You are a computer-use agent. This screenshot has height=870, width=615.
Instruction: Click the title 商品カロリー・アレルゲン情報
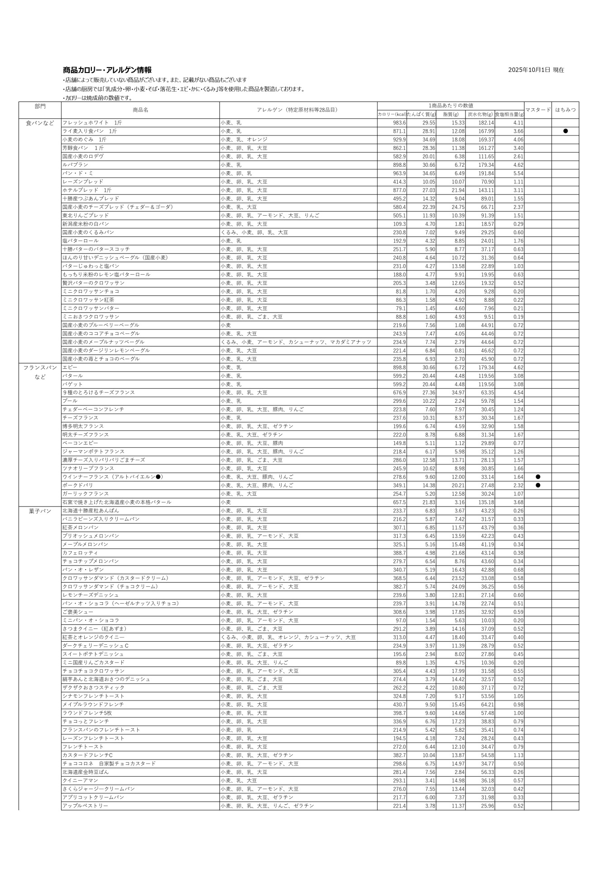pos(107,70)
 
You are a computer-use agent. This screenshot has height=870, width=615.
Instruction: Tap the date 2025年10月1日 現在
pos(536,70)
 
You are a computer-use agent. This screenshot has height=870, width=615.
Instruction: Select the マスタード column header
pos(538,110)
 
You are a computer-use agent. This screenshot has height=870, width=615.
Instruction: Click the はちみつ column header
pos(565,110)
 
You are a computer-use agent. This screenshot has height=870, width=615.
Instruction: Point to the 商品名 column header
pos(140,110)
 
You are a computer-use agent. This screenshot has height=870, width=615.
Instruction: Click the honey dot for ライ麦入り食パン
pos(565,131)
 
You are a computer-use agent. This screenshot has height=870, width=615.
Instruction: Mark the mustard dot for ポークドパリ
pos(538,485)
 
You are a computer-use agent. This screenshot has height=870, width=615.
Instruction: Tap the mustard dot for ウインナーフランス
pos(538,477)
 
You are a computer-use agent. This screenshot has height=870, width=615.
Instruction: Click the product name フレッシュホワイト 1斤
pos(92,123)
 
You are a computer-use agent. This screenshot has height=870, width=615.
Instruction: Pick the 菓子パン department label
pos(40,511)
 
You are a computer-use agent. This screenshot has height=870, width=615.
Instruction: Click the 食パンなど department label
pos(40,123)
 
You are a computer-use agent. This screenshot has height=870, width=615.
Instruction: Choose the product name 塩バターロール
pos(80,241)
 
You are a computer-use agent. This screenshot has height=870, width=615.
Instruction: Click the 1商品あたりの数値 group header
pos(451,106)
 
